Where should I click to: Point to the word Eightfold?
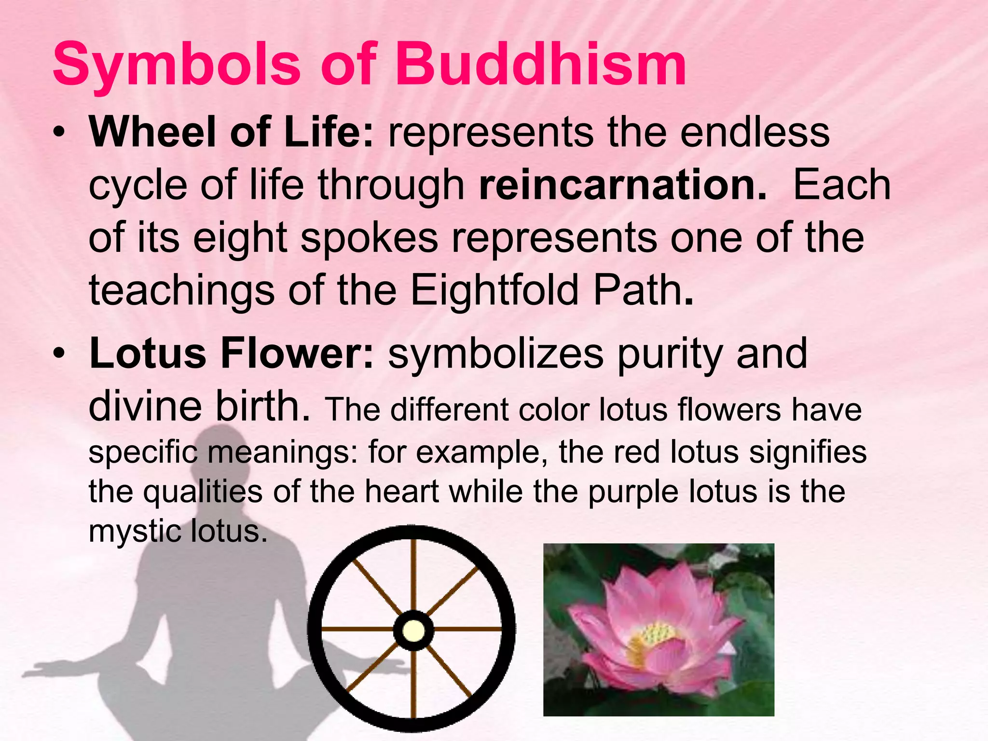pyautogui.click(x=494, y=291)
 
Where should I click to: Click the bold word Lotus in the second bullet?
pyautogui.click(x=148, y=354)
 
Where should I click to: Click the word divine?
pyautogui.click(x=145, y=406)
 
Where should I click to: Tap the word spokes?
pyautogui.click(x=370, y=238)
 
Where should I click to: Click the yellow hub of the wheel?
pyautogui.click(x=413, y=631)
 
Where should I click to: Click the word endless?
pyautogui.click(x=755, y=133)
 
